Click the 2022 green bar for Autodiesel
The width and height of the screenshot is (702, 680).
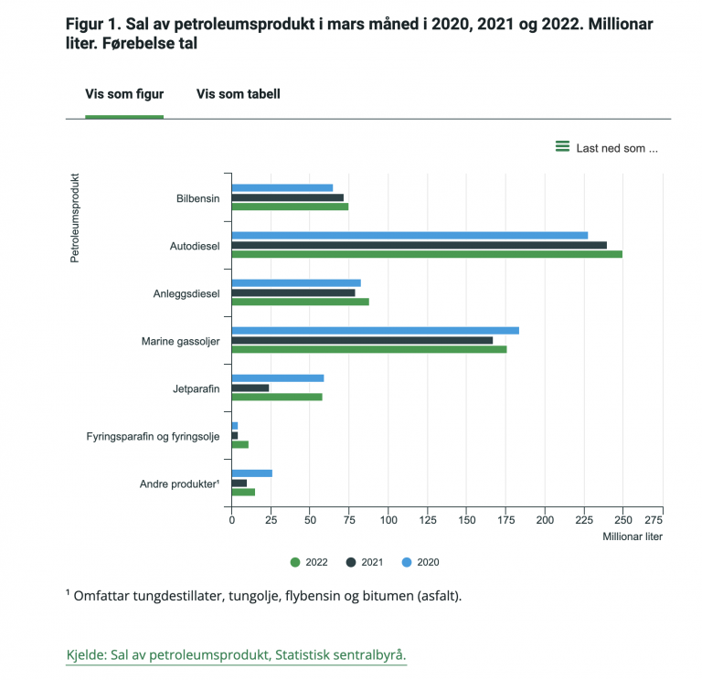pyautogui.click(x=426, y=254)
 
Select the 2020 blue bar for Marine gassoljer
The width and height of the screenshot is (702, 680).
pyautogui.click(x=375, y=330)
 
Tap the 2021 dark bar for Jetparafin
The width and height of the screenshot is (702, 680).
pyautogui.click(x=250, y=388)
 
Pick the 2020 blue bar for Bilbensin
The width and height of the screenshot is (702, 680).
pyautogui.click(x=282, y=187)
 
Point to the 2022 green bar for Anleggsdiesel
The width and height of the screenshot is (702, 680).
pyautogui.click(x=300, y=302)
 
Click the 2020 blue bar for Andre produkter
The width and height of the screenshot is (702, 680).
pyautogui.click(x=251, y=473)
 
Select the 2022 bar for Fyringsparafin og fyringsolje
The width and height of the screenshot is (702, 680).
pyautogui.click(x=239, y=444)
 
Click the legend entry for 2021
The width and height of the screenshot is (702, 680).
pyautogui.click(x=366, y=562)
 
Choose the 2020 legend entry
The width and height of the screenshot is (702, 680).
pyautogui.click(x=421, y=562)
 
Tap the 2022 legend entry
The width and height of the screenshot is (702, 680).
pyautogui.click(x=309, y=562)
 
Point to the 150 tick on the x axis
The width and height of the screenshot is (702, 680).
pyautogui.click(x=466, y=519)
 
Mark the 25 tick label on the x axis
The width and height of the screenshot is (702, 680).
pyautogui.click(x=271, y=519)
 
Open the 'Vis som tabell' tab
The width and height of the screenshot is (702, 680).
pyautogui.click(x=238, y=93)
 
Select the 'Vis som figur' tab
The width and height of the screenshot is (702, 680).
pyautogui.click(x=124, y=93)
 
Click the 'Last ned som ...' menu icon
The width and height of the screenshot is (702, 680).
pyautogui.click(x=562, y=147)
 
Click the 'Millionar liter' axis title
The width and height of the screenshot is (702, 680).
pyautogui.click(x=633, y=537)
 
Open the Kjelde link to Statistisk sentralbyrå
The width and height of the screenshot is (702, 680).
pyautogui.click(x=236, y=655)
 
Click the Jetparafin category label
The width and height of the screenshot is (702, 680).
pyautogui.click(x=196, y=388)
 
